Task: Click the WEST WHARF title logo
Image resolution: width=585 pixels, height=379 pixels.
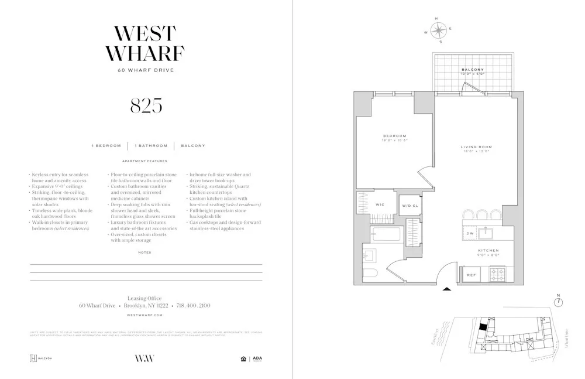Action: point(145,43)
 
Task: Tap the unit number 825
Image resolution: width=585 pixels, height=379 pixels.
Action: point(145,105)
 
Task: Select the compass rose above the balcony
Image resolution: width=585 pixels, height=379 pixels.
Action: point(439,30)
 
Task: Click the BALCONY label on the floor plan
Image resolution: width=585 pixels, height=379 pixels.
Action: point(471,70)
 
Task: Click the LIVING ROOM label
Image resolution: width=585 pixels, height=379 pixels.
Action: point(476,147)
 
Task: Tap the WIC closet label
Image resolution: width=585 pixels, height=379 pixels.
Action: point(379,204)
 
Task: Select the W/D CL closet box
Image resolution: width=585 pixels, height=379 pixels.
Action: point(409,206)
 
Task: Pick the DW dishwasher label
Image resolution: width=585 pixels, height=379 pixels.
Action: point(470,234)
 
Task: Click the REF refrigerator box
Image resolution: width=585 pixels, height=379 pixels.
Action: point(471,274)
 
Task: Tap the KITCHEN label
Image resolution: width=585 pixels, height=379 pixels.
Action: point(487,251)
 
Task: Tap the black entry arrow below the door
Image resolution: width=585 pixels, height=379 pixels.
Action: point(447,288)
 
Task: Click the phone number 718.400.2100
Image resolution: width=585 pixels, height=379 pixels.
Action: point(193,306)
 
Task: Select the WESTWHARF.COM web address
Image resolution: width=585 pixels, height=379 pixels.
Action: point(145,315)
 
